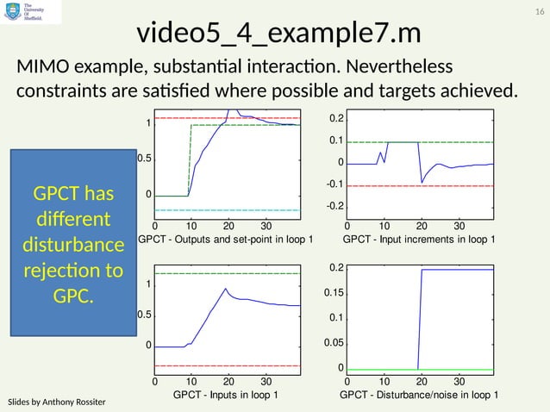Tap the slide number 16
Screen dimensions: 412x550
coord(540,10)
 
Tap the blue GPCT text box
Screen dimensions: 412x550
coord(67,242)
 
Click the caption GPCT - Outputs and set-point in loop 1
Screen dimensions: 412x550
coord(226,239)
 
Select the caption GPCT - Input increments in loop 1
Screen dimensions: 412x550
coord(419,239)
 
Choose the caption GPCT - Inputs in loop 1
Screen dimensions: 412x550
coord(226,395)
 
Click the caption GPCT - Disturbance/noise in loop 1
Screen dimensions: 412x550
coord(419,395)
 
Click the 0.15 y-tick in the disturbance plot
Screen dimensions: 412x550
coord(332,294)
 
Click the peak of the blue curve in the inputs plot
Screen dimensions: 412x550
coord(226,289)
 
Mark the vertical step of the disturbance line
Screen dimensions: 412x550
coord(420,319)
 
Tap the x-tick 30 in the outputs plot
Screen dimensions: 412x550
coord(266,226)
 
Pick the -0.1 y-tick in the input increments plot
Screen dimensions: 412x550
coord(334,184)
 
